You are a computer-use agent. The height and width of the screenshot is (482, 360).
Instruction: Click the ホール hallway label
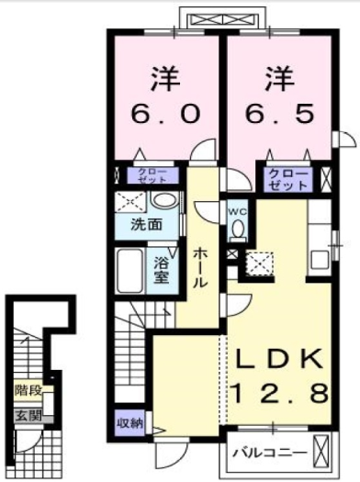[201, 264]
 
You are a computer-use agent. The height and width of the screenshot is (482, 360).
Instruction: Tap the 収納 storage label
[129, 422]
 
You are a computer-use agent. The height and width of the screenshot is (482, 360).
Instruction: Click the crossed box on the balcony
[321, 452]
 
